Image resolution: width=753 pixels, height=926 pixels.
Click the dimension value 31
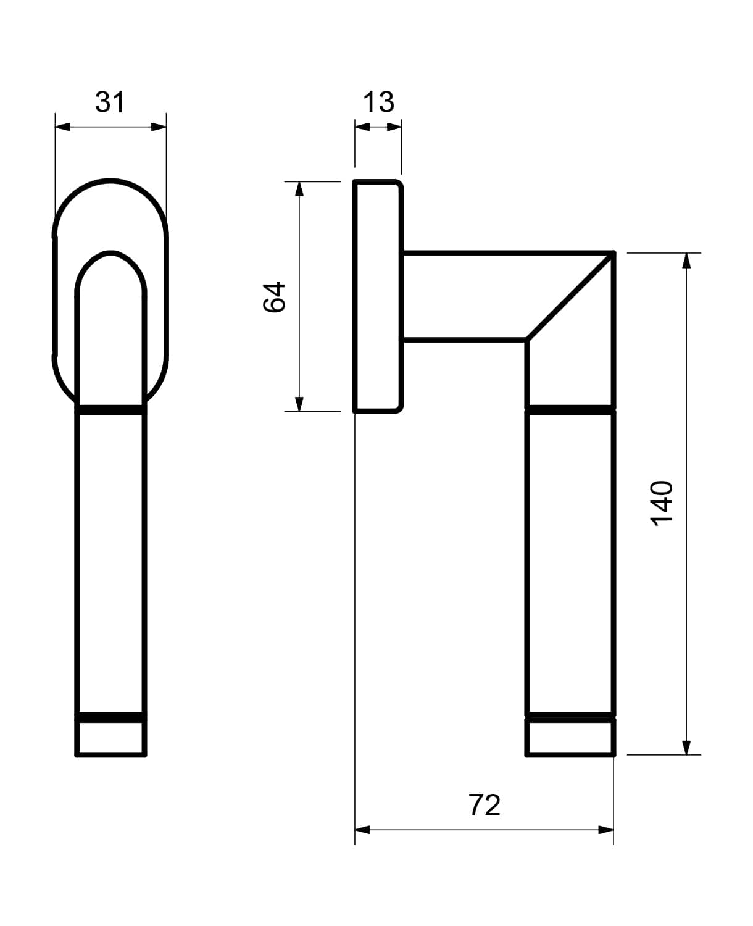coord(110,102)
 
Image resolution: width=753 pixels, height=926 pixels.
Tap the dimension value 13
coord(378,102)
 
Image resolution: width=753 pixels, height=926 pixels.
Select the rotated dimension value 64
coord(274,297)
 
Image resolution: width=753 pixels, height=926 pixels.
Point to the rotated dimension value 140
coord(661,503)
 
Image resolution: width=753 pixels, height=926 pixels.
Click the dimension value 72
coord(485,805)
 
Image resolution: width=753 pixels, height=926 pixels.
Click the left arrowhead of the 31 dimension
coord(62,127)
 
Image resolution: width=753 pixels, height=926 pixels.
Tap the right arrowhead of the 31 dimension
coord(159,127)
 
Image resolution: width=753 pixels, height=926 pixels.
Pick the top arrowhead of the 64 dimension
coord(299,189)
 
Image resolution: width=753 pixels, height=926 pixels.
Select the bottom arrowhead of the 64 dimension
coord(299,404)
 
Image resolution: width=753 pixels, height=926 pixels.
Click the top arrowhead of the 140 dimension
coord(686,261)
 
